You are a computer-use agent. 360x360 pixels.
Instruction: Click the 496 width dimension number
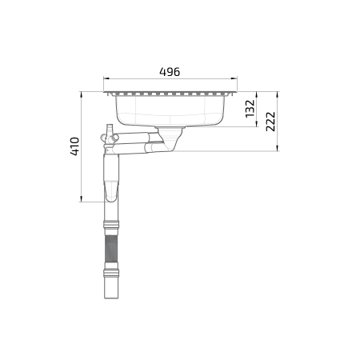(x=170, y=72)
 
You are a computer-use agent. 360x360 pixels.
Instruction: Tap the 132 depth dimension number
(x=250, y=109)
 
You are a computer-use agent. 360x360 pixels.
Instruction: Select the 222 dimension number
(x=270, y=122)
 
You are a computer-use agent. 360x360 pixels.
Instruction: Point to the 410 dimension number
(x=74, y=146)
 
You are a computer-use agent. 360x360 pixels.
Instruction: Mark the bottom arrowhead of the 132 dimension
(x=257, y=124)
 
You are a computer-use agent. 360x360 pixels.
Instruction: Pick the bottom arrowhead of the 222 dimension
(x=278, y=148)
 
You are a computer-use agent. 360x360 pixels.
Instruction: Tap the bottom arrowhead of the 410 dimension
(x=81, y=199)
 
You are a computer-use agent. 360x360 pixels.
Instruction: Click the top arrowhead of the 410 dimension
(x=81, y=94)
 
